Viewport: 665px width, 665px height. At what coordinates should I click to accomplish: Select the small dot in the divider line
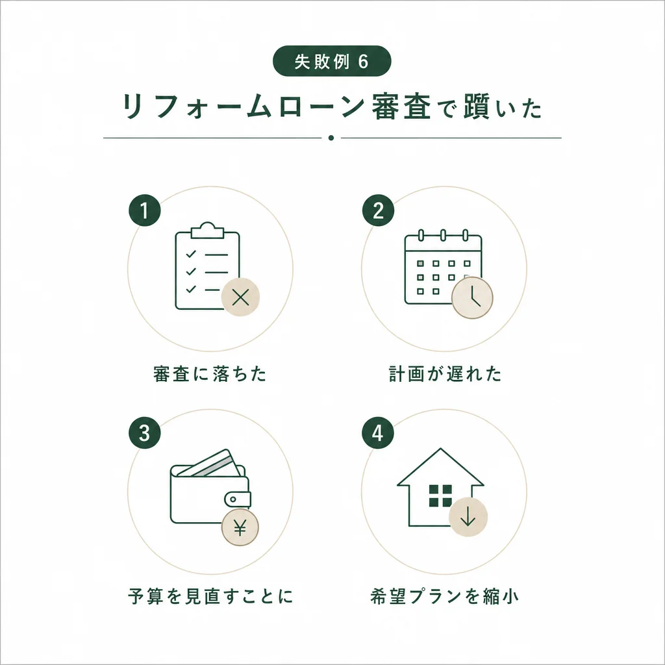coord(331,138)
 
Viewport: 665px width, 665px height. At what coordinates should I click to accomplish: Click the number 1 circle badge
coord(144,211)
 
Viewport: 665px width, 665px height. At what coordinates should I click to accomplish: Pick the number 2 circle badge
coord(378,211)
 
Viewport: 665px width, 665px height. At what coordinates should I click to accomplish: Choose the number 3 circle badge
coord(144,433)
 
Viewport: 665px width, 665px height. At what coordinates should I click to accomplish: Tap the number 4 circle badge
coord(378,433)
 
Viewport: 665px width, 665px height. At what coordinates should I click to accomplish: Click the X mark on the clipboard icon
coord(240,298)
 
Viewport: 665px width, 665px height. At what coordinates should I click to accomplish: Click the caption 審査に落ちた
coord(210,375)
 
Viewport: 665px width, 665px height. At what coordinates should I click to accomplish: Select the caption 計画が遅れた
coord(444,375)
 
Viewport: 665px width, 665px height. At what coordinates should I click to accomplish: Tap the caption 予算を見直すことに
coord(210,596)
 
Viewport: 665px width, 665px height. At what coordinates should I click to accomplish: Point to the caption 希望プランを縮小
coord(444,596)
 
